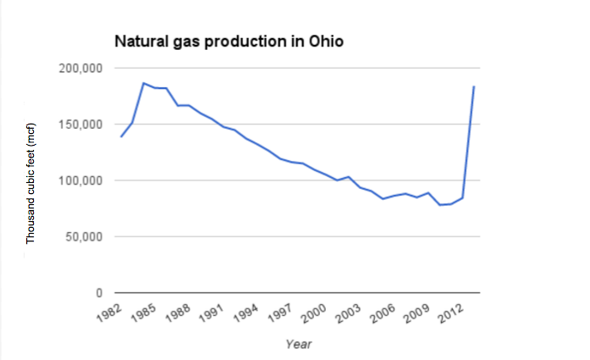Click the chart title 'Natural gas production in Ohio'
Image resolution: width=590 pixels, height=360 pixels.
click(229, 42)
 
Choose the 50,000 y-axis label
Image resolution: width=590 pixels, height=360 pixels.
click(85, 236)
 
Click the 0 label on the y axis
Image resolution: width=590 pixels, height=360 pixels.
click(99, 292)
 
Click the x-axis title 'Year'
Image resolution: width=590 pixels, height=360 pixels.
click(298, 344)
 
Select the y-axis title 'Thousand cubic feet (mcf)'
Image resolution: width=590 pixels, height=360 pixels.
click(30, 180)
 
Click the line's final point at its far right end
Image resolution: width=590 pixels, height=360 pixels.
click(473, 86)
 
